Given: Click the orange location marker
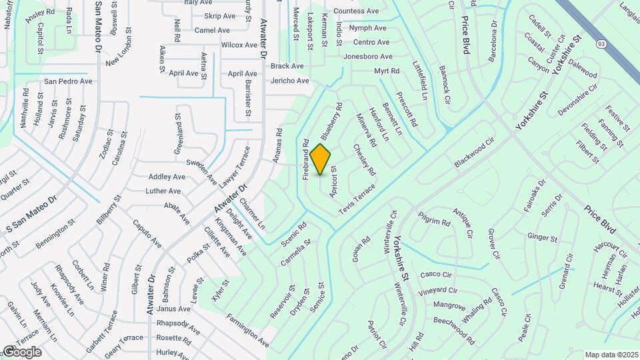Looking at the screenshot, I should click(x=321, y=159).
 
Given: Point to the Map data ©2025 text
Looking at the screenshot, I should click(x=611, y=355).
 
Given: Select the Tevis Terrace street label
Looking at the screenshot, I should click(x=357, y=199).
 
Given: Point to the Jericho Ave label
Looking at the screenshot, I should click(x=289, y=81).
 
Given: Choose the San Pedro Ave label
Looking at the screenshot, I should click(x=68, y=81).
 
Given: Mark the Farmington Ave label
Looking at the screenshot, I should click(x=247, y=331).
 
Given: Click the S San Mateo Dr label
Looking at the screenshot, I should click(x=31, y=219).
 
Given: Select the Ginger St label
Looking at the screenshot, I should click(x=542, y=237).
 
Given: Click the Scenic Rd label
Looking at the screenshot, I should click(x=293, y=233).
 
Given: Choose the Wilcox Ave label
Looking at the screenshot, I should click(x=239, y=45).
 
